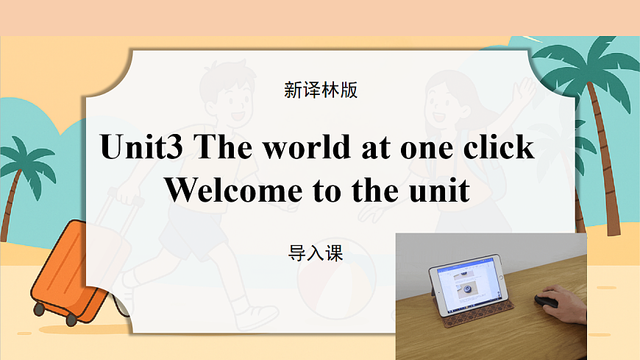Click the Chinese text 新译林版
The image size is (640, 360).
(x=320, y=91)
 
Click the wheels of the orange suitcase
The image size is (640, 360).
(x=72, y=320)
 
